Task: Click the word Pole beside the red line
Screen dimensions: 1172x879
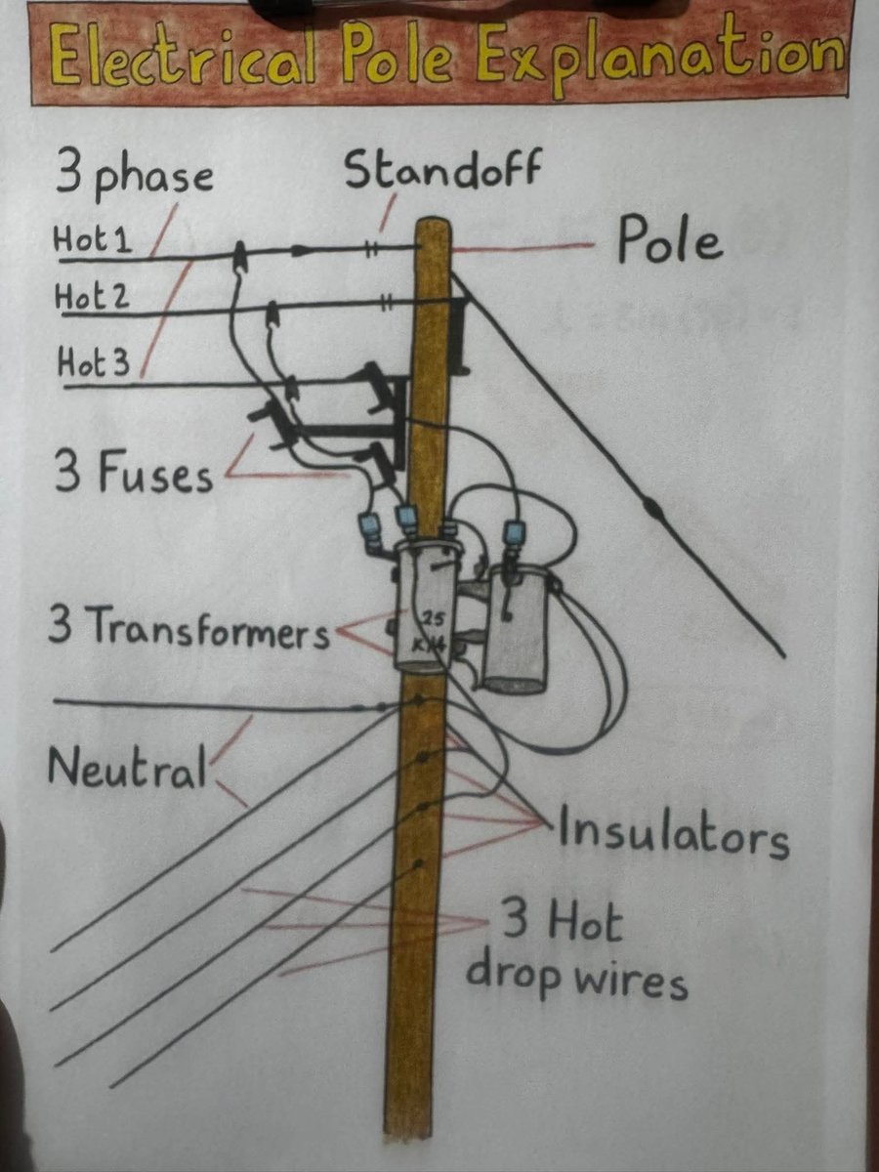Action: [x=670, y=242]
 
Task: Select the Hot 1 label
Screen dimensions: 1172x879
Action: [x=94, y=240]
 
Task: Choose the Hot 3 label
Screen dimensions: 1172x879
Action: [x=93, y=364]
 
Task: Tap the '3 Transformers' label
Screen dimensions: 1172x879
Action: [x=188, y=630]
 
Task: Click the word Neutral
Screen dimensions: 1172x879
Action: [x=127, y=769]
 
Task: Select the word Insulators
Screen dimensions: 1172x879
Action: [x=672, y=837]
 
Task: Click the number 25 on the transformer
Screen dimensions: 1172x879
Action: [x=433, y=619]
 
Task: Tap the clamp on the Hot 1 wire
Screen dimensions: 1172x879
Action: [x=238, y=259]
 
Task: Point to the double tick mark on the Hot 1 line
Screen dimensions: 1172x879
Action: [x=372, y=247]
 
